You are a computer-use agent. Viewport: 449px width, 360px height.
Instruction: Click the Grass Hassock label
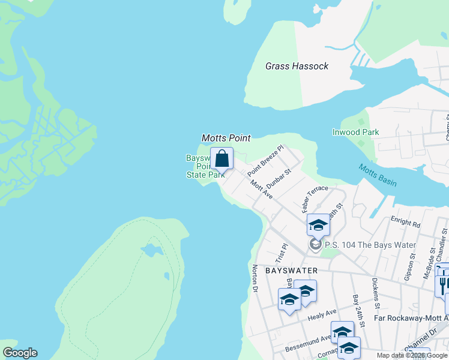[x=297, y=66]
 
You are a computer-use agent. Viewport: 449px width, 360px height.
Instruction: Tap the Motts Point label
[x=226, y=138]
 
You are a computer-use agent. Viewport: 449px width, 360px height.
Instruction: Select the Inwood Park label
[x=356, y=132]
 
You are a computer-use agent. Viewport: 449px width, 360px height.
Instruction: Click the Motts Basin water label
[x=378, y=175]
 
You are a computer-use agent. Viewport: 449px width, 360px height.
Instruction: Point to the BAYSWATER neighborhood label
[x=291, y=271]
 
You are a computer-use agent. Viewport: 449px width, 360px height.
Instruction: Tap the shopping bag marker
[x=221, y=160]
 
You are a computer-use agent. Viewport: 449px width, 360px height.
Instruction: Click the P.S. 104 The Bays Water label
[x=370, y=245]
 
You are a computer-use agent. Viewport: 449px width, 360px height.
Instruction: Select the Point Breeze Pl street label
[x=265, y=160]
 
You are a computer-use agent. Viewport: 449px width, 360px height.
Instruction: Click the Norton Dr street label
[x=255, y=278]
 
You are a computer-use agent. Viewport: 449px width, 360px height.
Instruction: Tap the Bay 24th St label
[x=358, y=310]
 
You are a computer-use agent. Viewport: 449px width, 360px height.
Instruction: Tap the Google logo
[x=20, y=353]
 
